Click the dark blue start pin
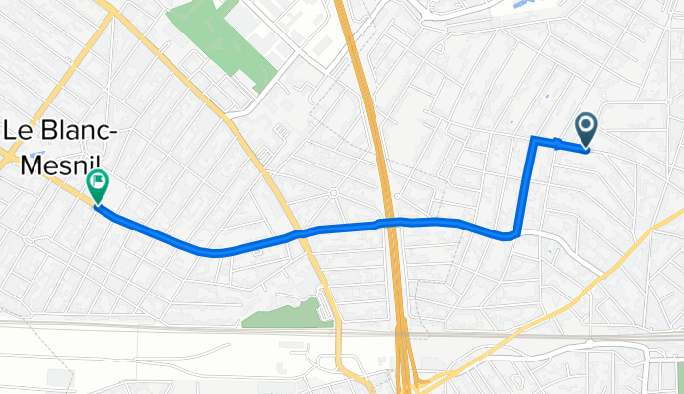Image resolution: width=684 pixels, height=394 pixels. pyautogui.click(x=585, y=126)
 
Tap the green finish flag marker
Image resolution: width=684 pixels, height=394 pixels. pyautogui.click(x=98, y=182)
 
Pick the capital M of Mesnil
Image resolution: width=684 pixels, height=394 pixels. pyautogui.click(x=30, y=164)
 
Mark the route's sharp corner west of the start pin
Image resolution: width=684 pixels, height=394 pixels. pyautogui.click(x=534, y=139)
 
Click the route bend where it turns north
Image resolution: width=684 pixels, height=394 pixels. pyautogui.click(x=514, y=235)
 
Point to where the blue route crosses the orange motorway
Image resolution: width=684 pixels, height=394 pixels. pyautogui.click(x=392, y=222)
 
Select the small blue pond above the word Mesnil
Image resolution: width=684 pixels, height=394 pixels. pyautogui.click(x=35, y=155)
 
